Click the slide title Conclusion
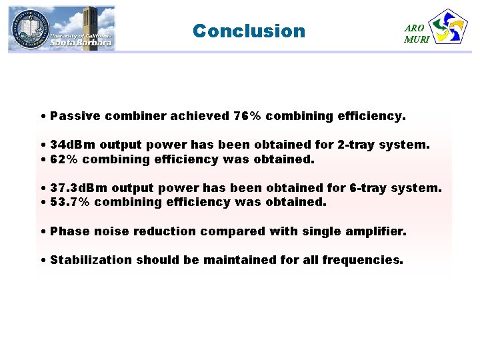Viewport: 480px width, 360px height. click(248, 31)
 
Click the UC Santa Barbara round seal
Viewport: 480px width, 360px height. click(28, 29)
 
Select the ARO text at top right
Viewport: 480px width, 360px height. click(414, 28)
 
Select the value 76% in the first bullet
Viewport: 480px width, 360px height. click(247, 116)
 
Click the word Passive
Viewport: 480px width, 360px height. click(74, 116)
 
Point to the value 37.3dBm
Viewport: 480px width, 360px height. click(79, 189)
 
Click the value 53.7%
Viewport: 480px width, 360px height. click(72, 203)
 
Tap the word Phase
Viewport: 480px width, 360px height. click(69, 231)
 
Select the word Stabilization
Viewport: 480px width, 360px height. click(91, 260)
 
